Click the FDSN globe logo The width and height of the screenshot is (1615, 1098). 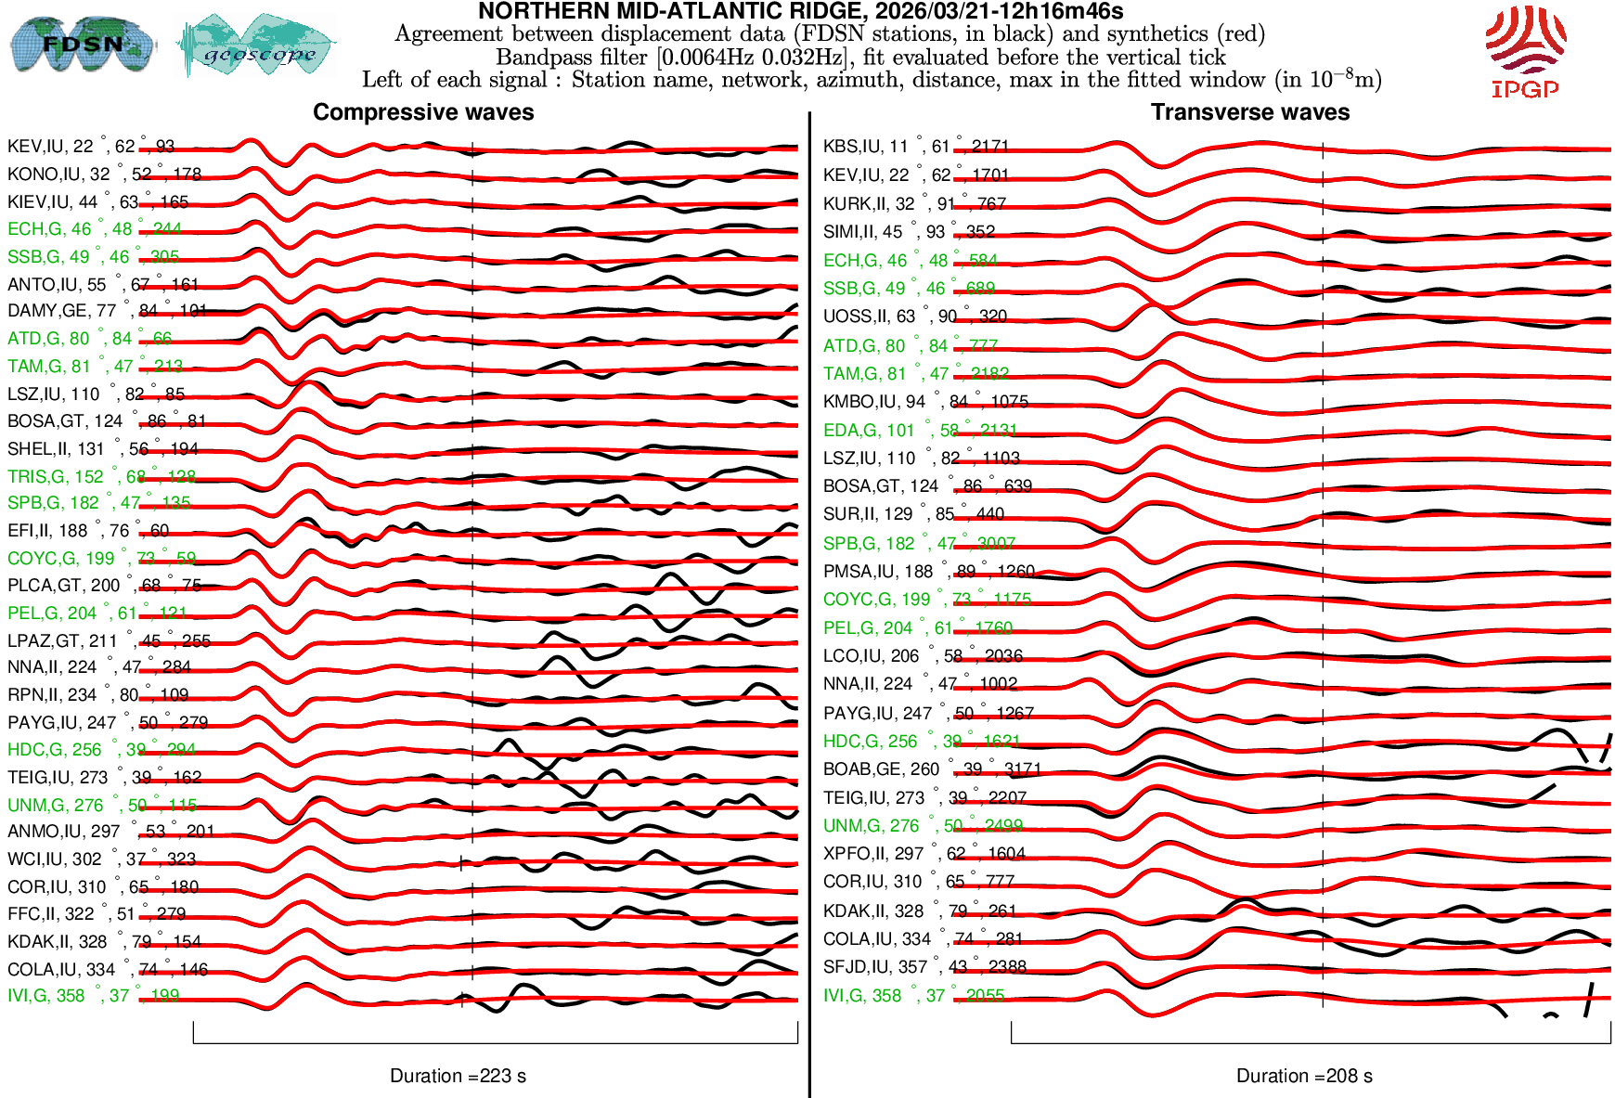[x=82, y=44]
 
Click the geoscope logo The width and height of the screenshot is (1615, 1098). [x=257, y=46]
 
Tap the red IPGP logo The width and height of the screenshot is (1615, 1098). [x=1525, y=51]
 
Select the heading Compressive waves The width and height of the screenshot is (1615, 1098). [x=423, y=112]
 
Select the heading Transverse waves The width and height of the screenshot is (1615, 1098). [x=1250, y=112]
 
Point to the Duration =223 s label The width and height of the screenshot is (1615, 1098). [x=458, y=1076]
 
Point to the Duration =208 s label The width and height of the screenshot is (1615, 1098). [x=1304, y=1076]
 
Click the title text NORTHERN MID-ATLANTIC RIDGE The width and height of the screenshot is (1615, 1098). [x=800, y=12]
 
